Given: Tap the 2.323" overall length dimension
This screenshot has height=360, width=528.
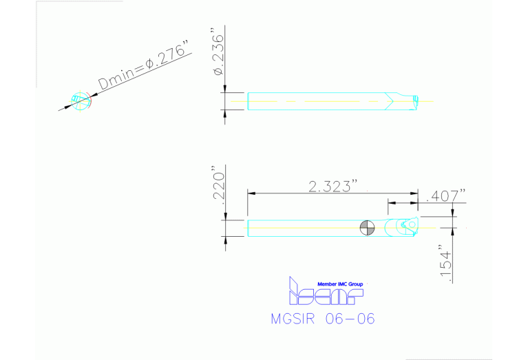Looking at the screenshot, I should [333, 186].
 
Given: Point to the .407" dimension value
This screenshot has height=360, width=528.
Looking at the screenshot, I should [446, 196].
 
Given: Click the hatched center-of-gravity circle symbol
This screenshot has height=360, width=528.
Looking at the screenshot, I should [367, 227].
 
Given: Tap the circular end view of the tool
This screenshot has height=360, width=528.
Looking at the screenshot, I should [81, 100].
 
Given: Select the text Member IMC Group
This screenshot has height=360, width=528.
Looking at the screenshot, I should [339, 284].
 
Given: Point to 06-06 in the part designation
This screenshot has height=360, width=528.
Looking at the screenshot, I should [352, 319].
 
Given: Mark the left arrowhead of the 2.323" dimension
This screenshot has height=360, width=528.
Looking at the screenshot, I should [251, 193].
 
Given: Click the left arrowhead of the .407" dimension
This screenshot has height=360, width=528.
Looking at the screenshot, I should [391, 203].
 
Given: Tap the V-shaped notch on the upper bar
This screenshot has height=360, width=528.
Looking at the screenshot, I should [390, 100].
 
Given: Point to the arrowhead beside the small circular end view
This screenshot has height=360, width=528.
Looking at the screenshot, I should [70, 105].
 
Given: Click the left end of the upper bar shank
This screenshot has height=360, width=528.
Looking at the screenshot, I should [249, 100].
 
